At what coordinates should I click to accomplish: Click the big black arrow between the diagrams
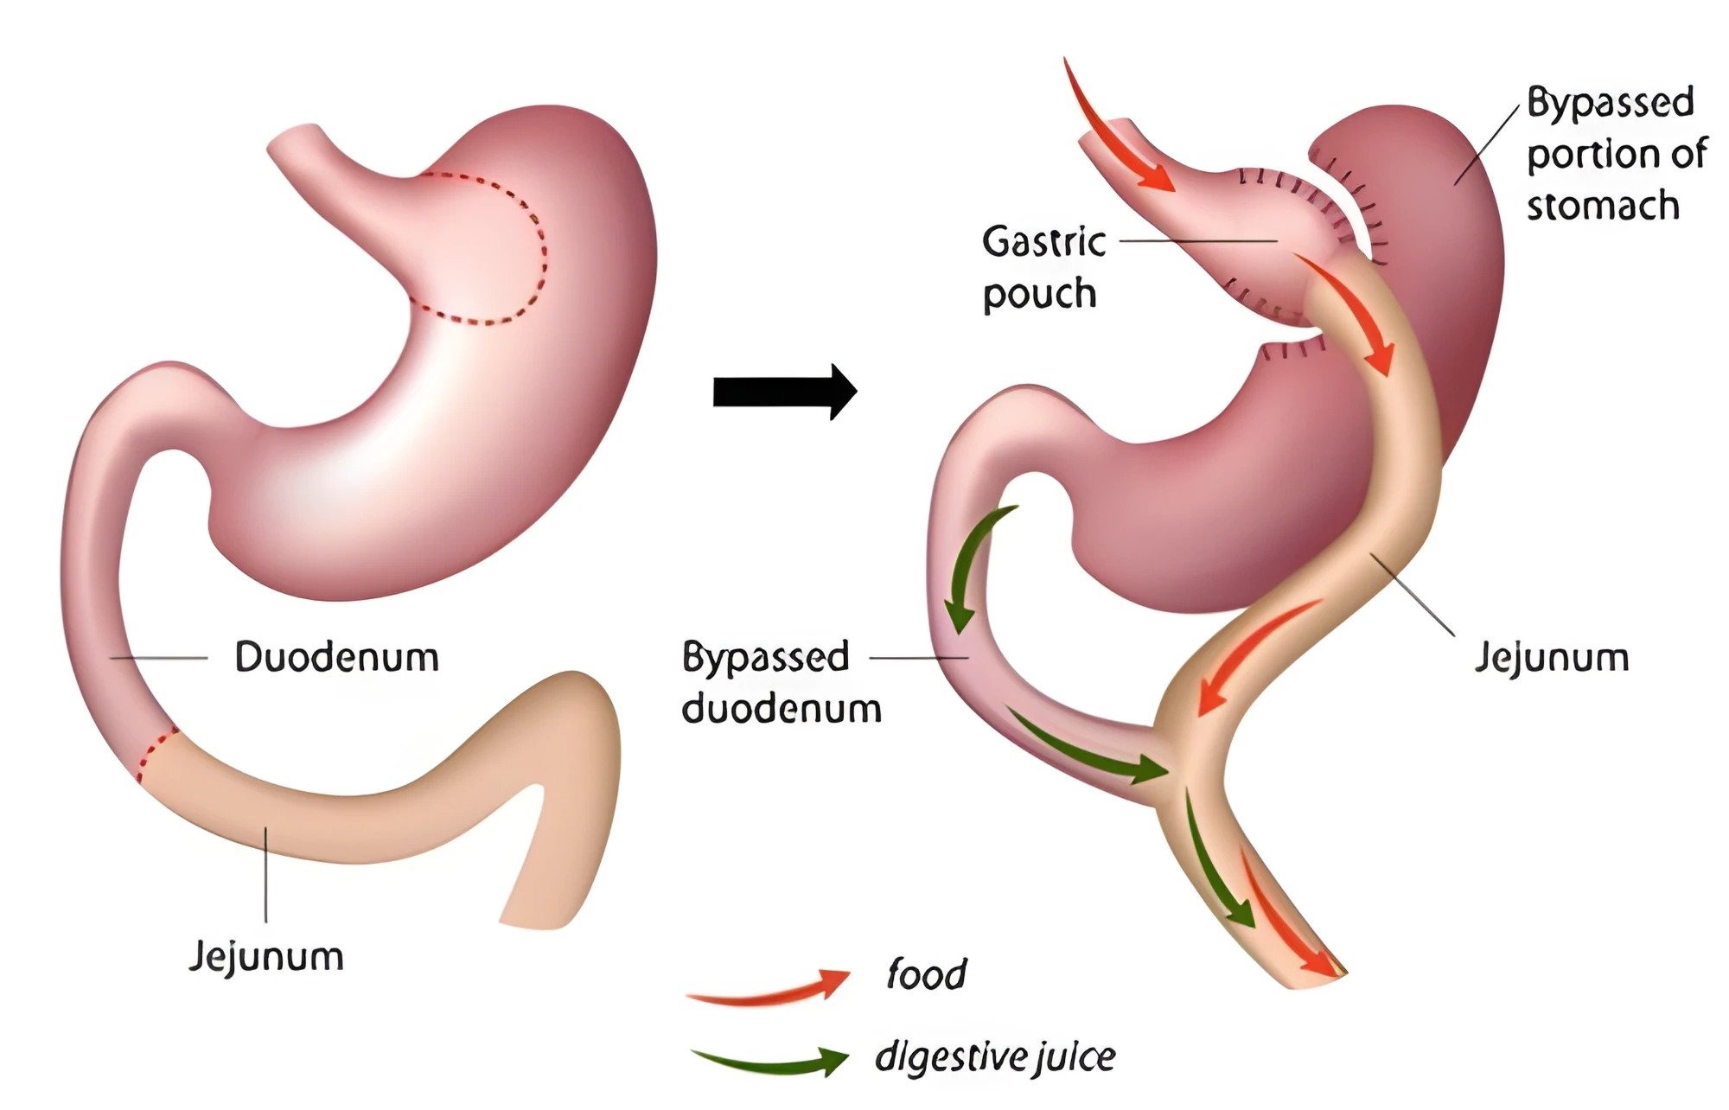pyautogui.click(x=784, y=392)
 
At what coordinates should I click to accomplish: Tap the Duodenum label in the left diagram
pyautogui.click(x=337, y=657)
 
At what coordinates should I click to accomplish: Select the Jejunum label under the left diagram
pyautogui.click(x=266, y=957)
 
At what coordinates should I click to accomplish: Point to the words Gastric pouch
pyautogui.click(x=1043, y=268)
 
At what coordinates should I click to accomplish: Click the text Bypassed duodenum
pyautogui.click(x=782, y=683)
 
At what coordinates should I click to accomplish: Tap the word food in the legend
pyautogui.click(x=926, y=973)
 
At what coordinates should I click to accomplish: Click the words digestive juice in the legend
pyautogui.click(x=995, y=1056)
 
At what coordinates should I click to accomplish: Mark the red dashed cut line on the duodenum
pyautogui.click(x=156, y=754)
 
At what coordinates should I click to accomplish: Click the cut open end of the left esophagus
pyautogui.click(x=294, y=143)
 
